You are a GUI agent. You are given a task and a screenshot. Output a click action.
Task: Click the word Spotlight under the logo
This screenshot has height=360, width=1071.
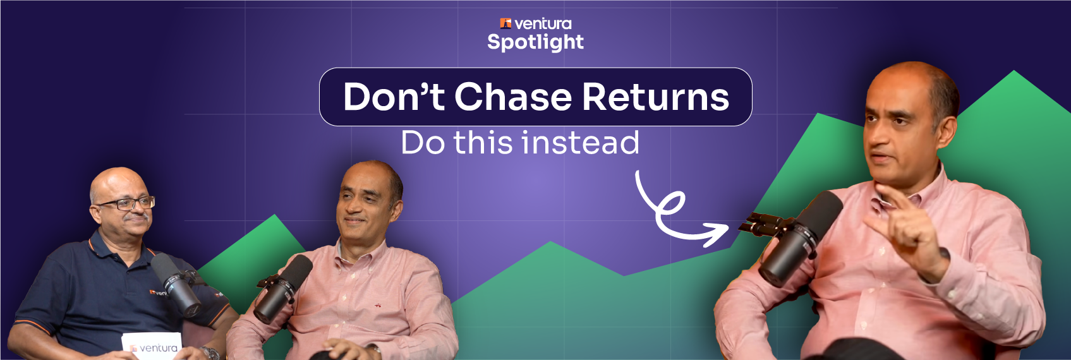tap(535, 42)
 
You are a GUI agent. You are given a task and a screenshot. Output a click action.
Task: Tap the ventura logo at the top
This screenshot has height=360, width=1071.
tap(535, 24)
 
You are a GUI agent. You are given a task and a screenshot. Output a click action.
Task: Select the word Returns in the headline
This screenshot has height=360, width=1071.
tap(655, 97)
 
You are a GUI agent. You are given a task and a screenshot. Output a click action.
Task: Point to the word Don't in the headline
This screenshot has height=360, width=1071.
tap(394, 97)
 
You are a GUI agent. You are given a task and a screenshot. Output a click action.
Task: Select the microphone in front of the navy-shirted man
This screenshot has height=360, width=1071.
tap(176, 284)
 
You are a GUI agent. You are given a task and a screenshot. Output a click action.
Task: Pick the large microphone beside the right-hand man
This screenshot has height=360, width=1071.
tap(799, 237)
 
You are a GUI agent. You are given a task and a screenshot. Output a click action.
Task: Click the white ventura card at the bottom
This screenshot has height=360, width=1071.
tap(152, 346)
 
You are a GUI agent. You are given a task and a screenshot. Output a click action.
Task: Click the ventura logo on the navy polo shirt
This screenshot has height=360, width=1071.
tap(158, 292)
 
